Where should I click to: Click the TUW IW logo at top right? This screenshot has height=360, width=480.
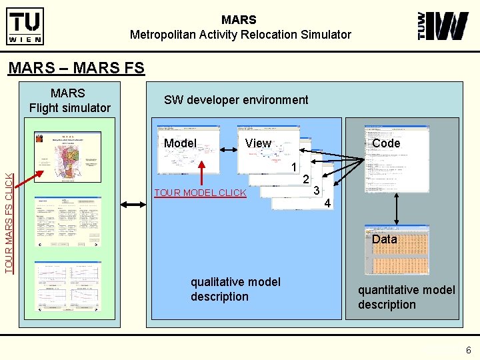[443, 26]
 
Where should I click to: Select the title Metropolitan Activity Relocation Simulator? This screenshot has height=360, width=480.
[240, 34]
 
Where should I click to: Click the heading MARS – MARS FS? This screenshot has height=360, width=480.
[75, 68]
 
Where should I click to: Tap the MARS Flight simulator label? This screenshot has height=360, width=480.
[69, 100]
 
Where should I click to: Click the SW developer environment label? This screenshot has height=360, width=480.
[236, 100]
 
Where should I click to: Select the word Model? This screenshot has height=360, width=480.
[180, 143]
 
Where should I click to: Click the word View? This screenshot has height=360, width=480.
[258, 143]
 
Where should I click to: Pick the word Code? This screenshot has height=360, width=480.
[386, 143]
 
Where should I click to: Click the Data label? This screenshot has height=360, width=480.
[385, 239]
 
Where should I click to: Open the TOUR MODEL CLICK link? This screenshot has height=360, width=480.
[200, 193]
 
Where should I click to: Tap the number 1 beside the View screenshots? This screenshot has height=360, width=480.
[293, 167]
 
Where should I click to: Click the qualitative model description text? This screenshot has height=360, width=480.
[235, 289]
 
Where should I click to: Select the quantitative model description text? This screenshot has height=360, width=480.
[406, 297]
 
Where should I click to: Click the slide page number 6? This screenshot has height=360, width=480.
[469, 350]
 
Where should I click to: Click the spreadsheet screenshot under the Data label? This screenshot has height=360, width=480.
[397, 257]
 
